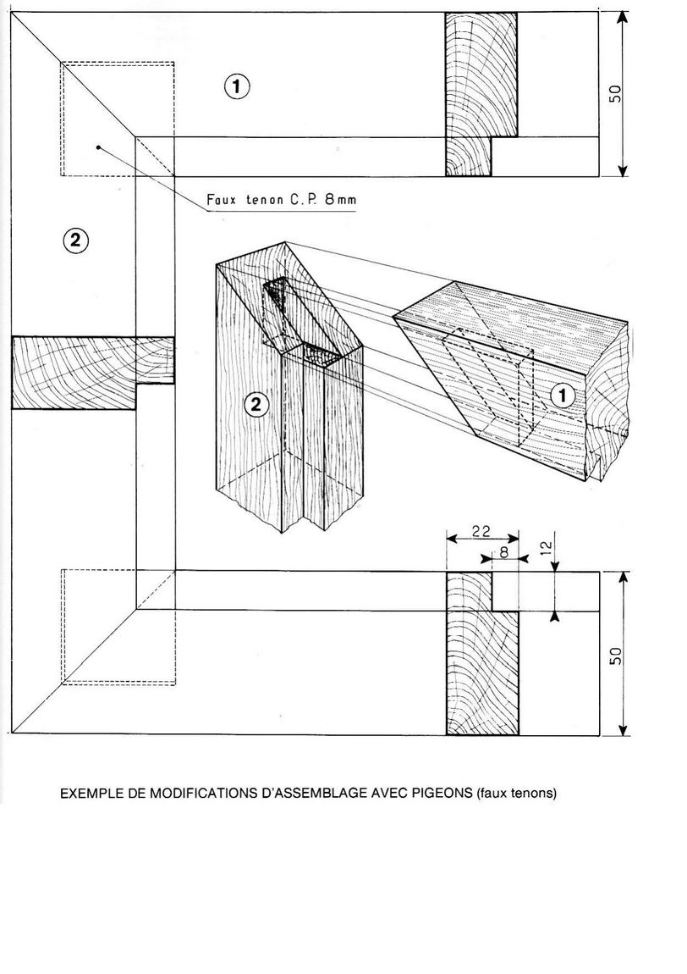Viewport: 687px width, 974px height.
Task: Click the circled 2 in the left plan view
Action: coord(75,241)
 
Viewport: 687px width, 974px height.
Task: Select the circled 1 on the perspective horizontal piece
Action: coord(563,395)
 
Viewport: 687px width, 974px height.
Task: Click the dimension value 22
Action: coord(481,532)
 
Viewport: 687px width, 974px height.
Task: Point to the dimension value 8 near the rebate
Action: coord(504,551)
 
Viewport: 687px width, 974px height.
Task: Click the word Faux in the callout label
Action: coord(223,201)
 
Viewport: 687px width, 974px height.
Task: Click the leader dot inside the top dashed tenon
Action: coord(99,147)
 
